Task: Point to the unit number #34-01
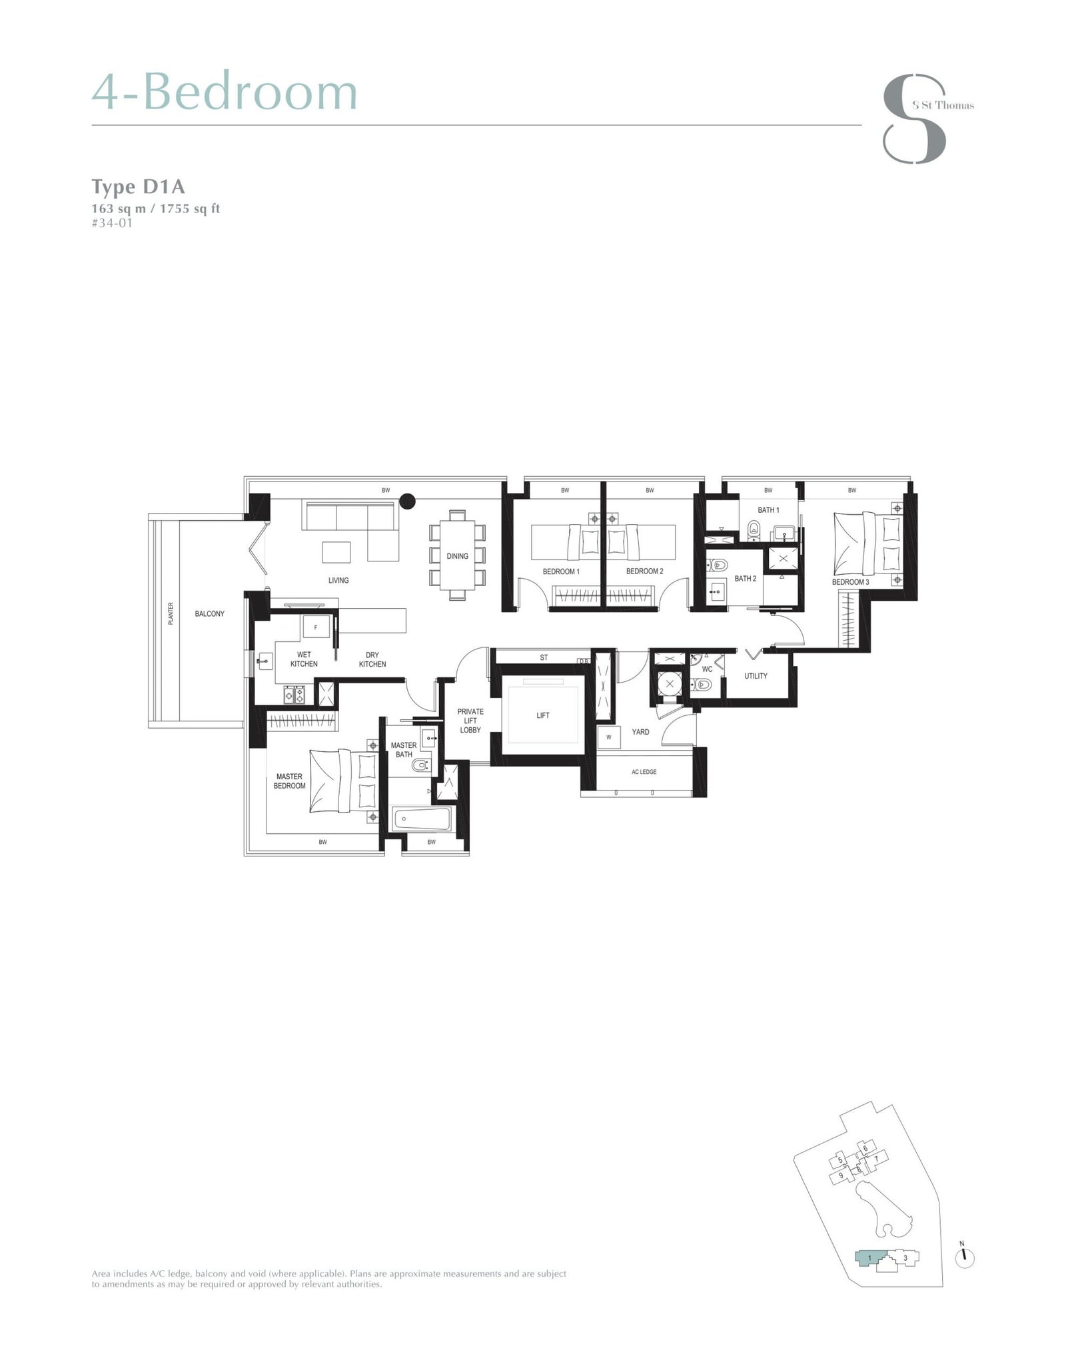point(112,222)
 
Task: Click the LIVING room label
point(338,580)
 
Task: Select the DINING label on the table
point(457,556)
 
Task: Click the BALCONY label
point(209,613)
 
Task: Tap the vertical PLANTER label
point(171,613)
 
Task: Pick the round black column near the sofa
point(408,501)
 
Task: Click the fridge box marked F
point(316,627)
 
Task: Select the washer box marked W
point(608,737)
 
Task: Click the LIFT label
point(543,715)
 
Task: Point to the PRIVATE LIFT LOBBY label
point(470,721)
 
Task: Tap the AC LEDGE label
point(644,772)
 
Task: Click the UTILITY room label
point(756,676)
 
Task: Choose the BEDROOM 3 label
point(850,582)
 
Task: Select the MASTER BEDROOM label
point(289,781)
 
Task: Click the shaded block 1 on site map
point(869,1258)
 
